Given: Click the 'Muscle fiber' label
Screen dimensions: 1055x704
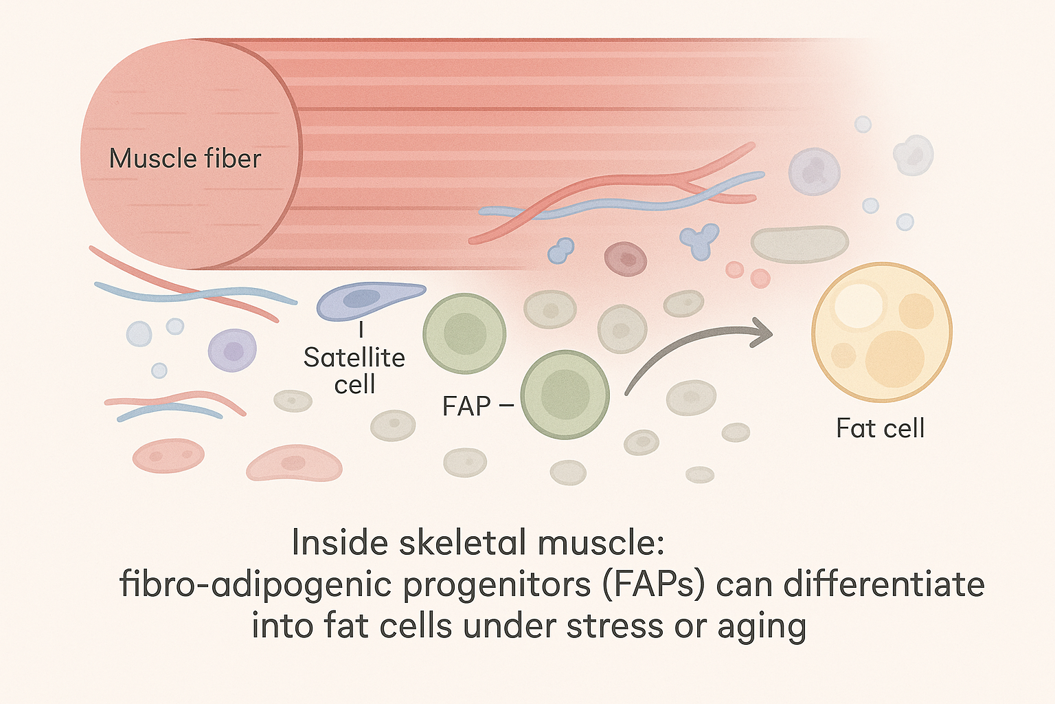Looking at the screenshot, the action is pyautogui.click(x=185, y=159).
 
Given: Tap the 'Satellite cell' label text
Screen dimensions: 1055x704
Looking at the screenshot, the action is pyautogui.click(x=354, y=371).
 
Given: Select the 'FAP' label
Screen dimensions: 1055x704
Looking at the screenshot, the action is pyautogui.click(x=466, y=406).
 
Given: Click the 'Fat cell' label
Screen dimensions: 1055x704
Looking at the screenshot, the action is pyautogui.click(x=880, y=428).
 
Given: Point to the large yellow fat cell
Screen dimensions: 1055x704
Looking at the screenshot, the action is pyautogui.click(x=881, y=332).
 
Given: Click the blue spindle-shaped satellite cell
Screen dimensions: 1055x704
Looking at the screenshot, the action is pyautogui.click(x=367, y=300).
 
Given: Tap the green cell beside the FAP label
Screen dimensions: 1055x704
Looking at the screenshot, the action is pyautogui.click(x=565, y=395).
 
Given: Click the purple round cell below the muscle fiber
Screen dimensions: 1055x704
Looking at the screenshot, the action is pyautogui.click(x=232, y=350).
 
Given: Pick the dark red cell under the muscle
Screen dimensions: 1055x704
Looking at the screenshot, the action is pyautogui.click(x=625, y=259).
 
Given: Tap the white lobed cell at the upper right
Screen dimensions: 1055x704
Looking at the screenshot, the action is pyautogui.click(x=913, y=155).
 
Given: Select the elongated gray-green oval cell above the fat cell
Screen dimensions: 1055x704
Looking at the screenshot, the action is pyautogui.click(x=799, y=244).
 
